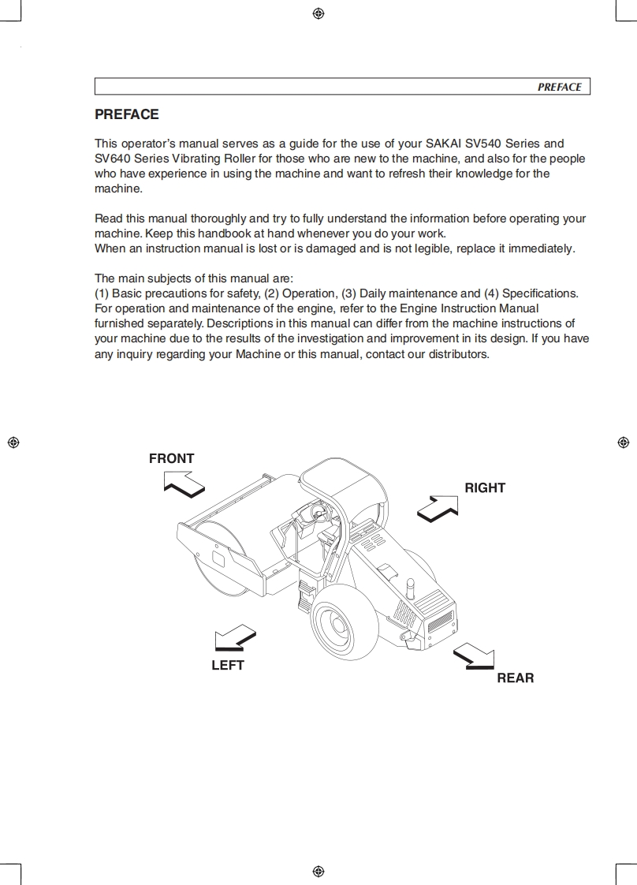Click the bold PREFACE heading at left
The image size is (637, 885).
tap(126, 114)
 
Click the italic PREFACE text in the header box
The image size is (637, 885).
tap(559, 88)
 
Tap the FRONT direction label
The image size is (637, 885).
tap(171, 458)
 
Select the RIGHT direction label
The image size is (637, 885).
tap(484, 488)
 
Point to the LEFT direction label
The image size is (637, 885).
tap(228, 666)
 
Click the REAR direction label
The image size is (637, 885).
tap(515, 678)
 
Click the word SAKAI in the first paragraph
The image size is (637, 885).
tap(446, 144)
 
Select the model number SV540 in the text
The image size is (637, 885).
tap(484, 144)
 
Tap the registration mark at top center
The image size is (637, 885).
tap(318, 13)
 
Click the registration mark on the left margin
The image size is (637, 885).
tap(13, 442)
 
